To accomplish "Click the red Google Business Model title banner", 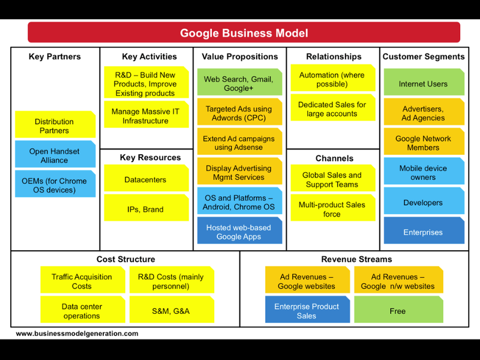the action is (x=244, y=32).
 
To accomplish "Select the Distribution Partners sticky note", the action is (x=55, y=124).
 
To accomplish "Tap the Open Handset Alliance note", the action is (x=55, y=154).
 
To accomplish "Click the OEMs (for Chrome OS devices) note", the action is (x=55, y=184).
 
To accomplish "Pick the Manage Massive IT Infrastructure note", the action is (x=146, y=114).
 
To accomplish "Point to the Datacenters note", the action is (x=146, y=178).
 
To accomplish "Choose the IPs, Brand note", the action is (x=146, y=208).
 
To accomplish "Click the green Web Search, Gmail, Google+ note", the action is (x=239, y=82).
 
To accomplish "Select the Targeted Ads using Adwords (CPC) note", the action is (x=239, y=112).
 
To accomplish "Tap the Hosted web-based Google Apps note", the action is (x=239, y=230).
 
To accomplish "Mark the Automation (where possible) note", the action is (x=333, y=78).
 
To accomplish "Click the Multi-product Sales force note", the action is (x=333, y=208).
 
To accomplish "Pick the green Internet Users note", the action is (x=424, y=82).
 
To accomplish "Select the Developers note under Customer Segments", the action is (x=424, y=201).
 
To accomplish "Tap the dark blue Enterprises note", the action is (x=424, y=230).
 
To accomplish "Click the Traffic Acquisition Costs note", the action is (x=83, y=280).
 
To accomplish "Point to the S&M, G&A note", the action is (x=172, y=310).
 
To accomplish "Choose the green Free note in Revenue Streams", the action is (x=398, y=310).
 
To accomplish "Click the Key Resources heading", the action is (x=151, y=157).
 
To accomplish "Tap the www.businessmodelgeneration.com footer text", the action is (x=77, y=334).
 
